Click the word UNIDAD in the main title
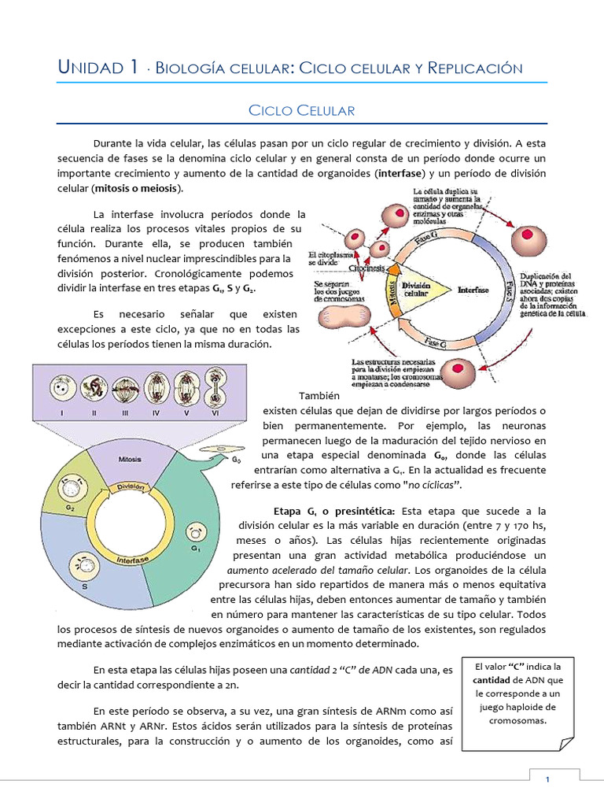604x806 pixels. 90,68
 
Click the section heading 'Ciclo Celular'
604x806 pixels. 301,110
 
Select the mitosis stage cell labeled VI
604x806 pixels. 216,390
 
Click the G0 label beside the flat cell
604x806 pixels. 237,459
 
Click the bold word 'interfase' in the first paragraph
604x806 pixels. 400,172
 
